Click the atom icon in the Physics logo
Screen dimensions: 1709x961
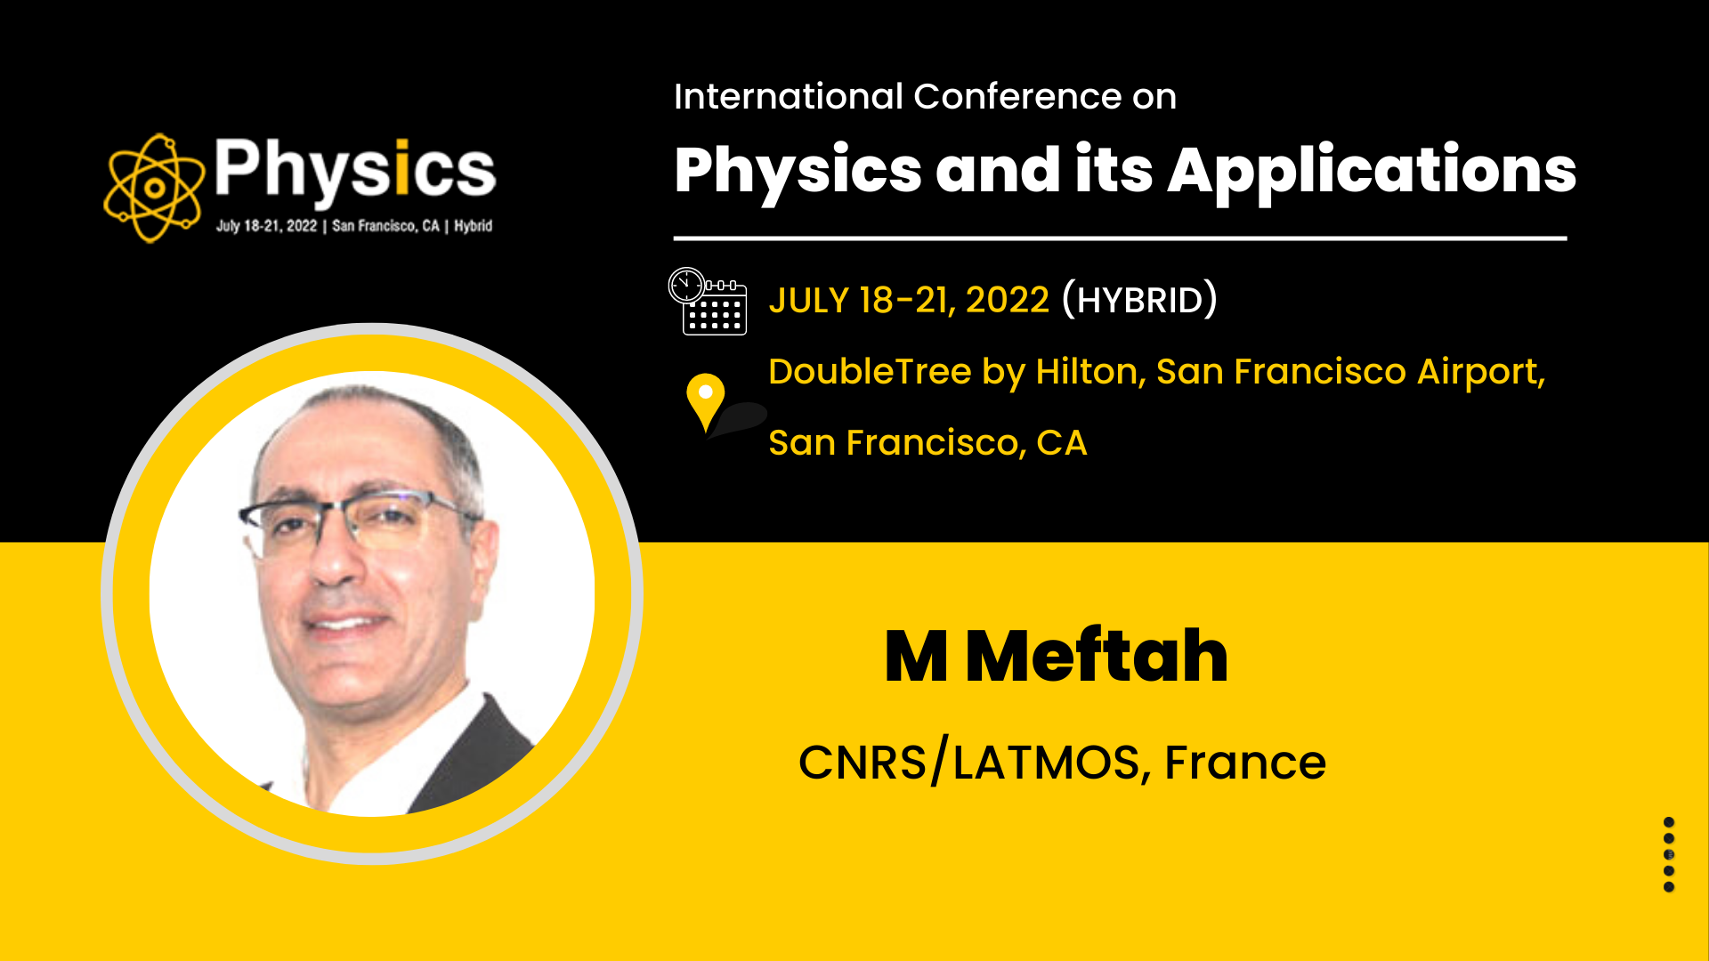[x=154, y=188]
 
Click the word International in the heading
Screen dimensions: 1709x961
[x=789, y=96]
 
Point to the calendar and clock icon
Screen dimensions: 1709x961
[x=707, y=301]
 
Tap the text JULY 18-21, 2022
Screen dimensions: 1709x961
[x=909, y=301]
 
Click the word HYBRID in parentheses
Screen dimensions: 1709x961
[x=1139, y=301]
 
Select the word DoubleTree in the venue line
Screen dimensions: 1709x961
[x=870, y=371]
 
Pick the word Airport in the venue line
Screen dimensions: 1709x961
[x=1480, y=371]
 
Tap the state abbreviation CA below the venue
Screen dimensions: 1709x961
[x=1062, y=442]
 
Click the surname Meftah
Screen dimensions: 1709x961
[x=1097, y=656]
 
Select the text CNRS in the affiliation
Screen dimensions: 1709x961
[x=862, y=763]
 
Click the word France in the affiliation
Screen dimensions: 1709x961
[x=1245, y=763]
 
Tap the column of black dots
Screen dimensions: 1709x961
[x=1669, y=854]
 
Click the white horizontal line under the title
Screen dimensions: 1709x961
[x=1120, y=238]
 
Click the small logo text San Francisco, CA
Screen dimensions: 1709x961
[x=385, y=226]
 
